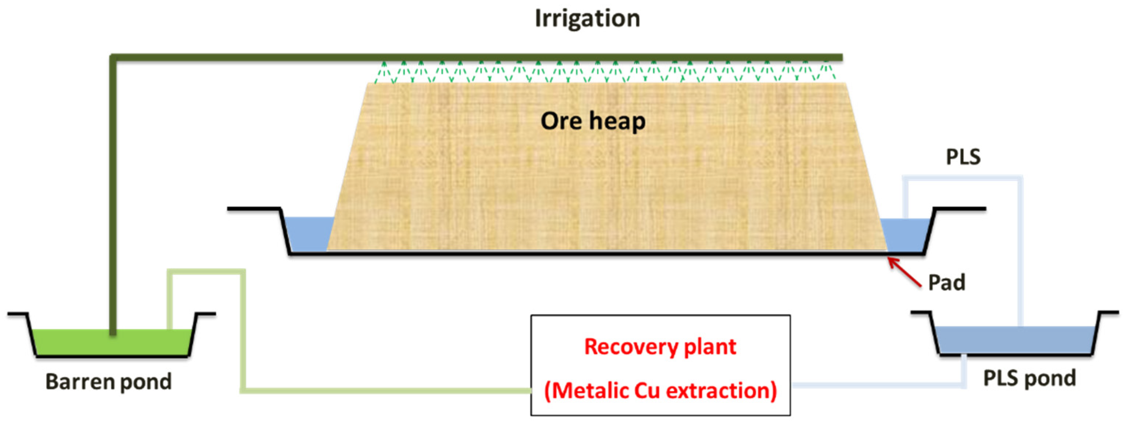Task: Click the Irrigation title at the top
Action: tap(587, 19)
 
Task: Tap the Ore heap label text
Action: tap(593, 121)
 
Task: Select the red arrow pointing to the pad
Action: tap(904, 272)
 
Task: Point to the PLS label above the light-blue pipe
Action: tap(963, 157)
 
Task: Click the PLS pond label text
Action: tap(1029, 378)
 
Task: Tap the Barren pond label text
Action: tap(109, 381)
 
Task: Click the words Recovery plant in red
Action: tap(660, 347)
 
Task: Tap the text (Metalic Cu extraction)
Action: tap(660, 390)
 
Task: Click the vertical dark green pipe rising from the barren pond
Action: tap(113, 197)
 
